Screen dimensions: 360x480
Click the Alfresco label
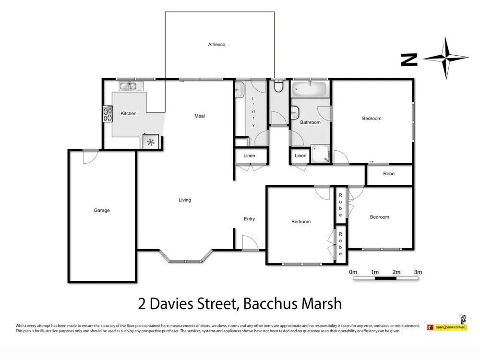click(216, 45)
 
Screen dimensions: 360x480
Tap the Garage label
click(102, 210)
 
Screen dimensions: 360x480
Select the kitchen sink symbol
click(129, 86)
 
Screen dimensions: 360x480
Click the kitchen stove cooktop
click(107, 114)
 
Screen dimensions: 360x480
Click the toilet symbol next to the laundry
click(278, 87)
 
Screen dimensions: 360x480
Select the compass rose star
click(446, 58)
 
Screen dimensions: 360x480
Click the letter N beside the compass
click(409, 60)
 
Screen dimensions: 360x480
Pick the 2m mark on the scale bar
click(396, 272)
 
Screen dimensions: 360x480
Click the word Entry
click(249, 219)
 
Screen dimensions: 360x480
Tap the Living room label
click(185, 200)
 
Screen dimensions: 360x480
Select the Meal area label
click(200, 116)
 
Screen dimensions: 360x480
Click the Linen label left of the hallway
click(249, 156)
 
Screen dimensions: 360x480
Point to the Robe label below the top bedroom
click(389, 173)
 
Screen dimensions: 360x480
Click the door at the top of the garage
click(90, 156)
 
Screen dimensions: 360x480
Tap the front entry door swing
click(250, 242)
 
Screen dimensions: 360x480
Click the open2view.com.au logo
click(446, 327)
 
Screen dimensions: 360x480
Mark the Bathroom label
click(310, 122)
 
